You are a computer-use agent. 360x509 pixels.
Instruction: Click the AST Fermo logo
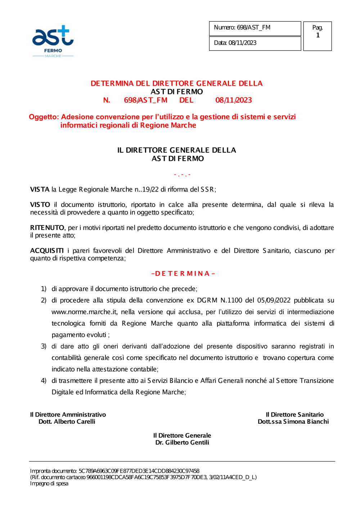(53, 41)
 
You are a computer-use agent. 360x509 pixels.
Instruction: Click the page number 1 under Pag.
(318, 35)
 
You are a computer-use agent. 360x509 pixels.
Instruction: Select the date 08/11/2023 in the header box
(243, 43)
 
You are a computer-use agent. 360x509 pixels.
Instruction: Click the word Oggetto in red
(44, 117)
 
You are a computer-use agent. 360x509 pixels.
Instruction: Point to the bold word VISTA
(40, 190)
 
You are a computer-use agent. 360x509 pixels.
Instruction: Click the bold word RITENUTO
(47, 228)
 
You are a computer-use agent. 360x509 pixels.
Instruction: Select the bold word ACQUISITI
(47, 251)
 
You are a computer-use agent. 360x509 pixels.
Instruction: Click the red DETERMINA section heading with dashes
(183, 274)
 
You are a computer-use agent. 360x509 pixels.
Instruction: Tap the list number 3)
(44, 346)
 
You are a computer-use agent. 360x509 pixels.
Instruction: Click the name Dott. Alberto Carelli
(67, 422)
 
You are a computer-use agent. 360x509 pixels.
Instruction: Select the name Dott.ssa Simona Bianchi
(293, 422)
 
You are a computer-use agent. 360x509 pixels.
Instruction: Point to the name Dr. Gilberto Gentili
(182, 442)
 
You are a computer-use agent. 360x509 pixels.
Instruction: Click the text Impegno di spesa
(49, 483)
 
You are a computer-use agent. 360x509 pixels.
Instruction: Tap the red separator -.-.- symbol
(182, 175)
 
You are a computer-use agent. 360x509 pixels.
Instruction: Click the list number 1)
(44, 289)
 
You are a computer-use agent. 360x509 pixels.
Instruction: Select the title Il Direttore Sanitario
(294, 415)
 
